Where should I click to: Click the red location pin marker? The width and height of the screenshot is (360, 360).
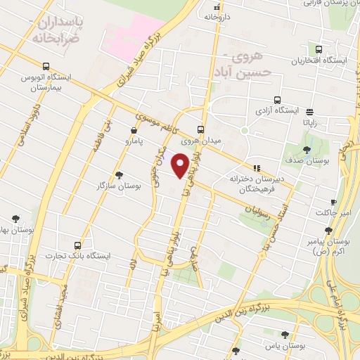click(182, 166)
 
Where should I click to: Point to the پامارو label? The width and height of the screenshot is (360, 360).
click(134, 142)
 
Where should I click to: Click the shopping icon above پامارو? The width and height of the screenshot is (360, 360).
click(134, 130)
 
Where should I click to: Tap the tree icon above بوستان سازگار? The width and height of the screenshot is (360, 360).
click(119, 175)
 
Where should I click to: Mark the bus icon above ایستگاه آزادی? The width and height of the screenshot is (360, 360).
click(277, 100)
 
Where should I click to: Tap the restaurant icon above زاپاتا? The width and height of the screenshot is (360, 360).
click(309, 111)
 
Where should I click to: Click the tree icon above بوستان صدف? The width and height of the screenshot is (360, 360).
click(307, 150)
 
